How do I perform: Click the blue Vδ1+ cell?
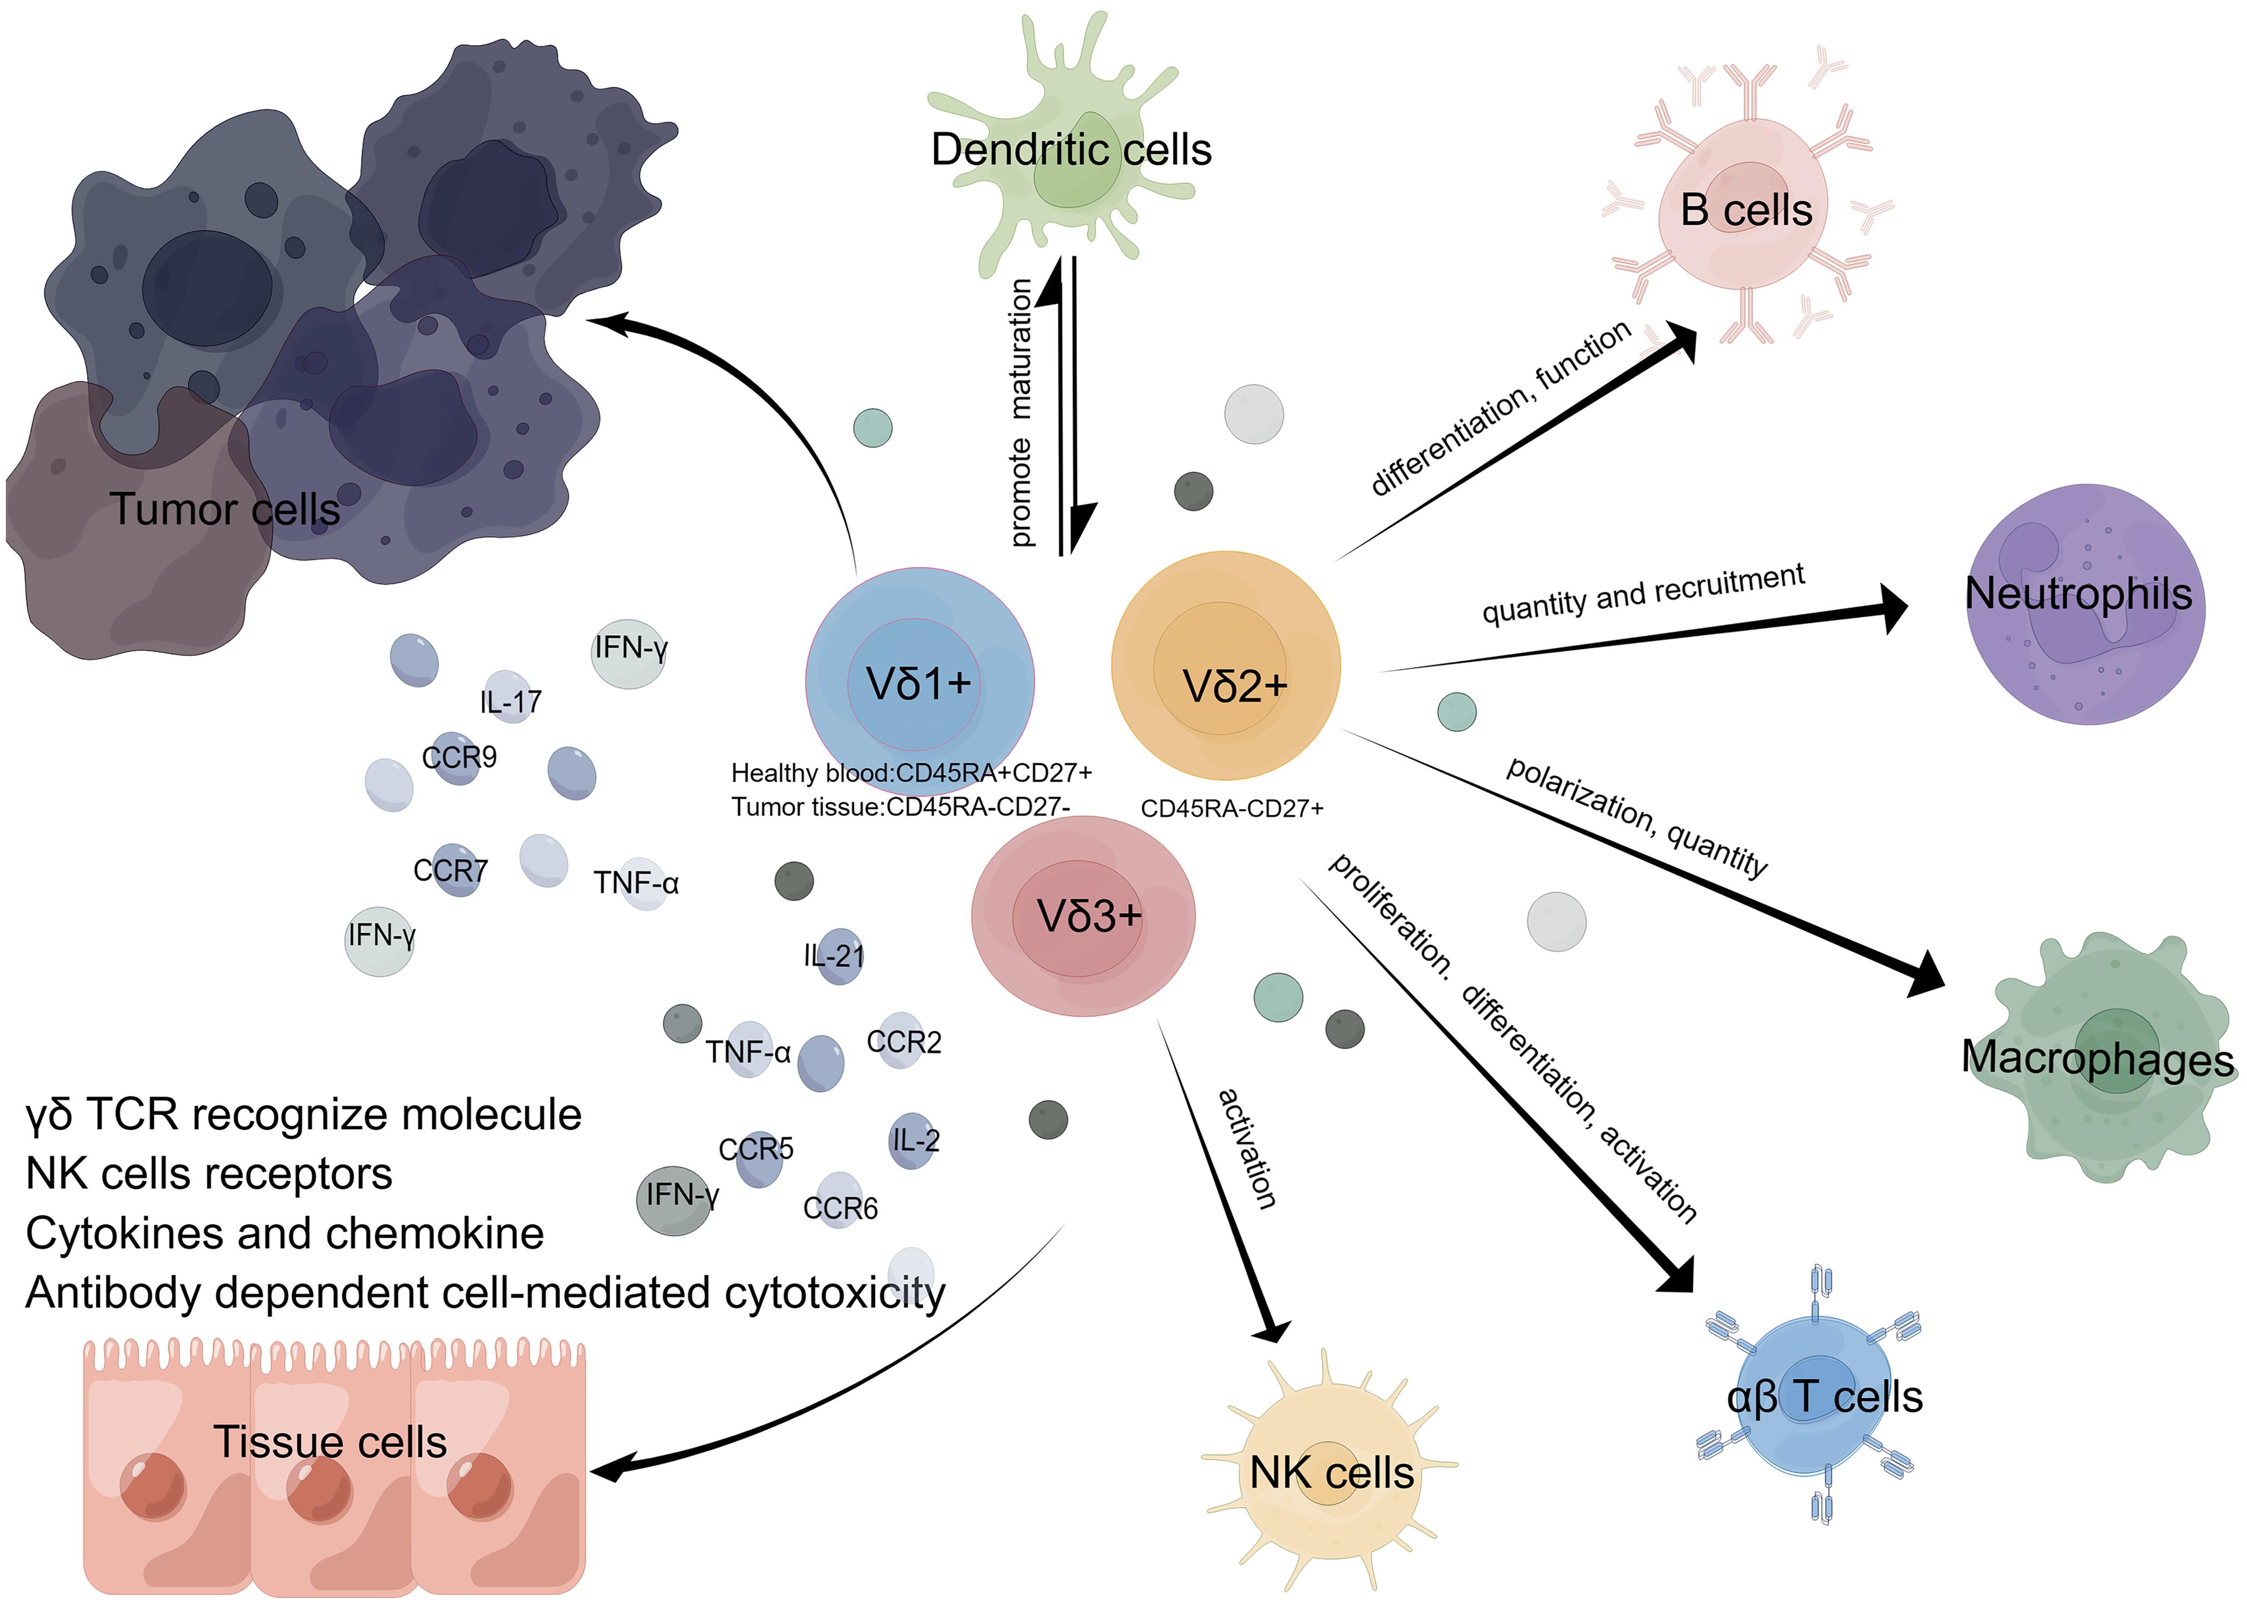click(919, 683)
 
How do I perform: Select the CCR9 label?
click(459, 757)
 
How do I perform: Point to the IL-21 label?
click(834, 955)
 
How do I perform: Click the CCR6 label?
click(840, 1208)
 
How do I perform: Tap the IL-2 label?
click(915, 1140)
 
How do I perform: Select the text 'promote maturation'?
click(1021, 413)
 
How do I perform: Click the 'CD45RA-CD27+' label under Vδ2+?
click(1231, 808)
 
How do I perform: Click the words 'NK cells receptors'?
click(209, 1174)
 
